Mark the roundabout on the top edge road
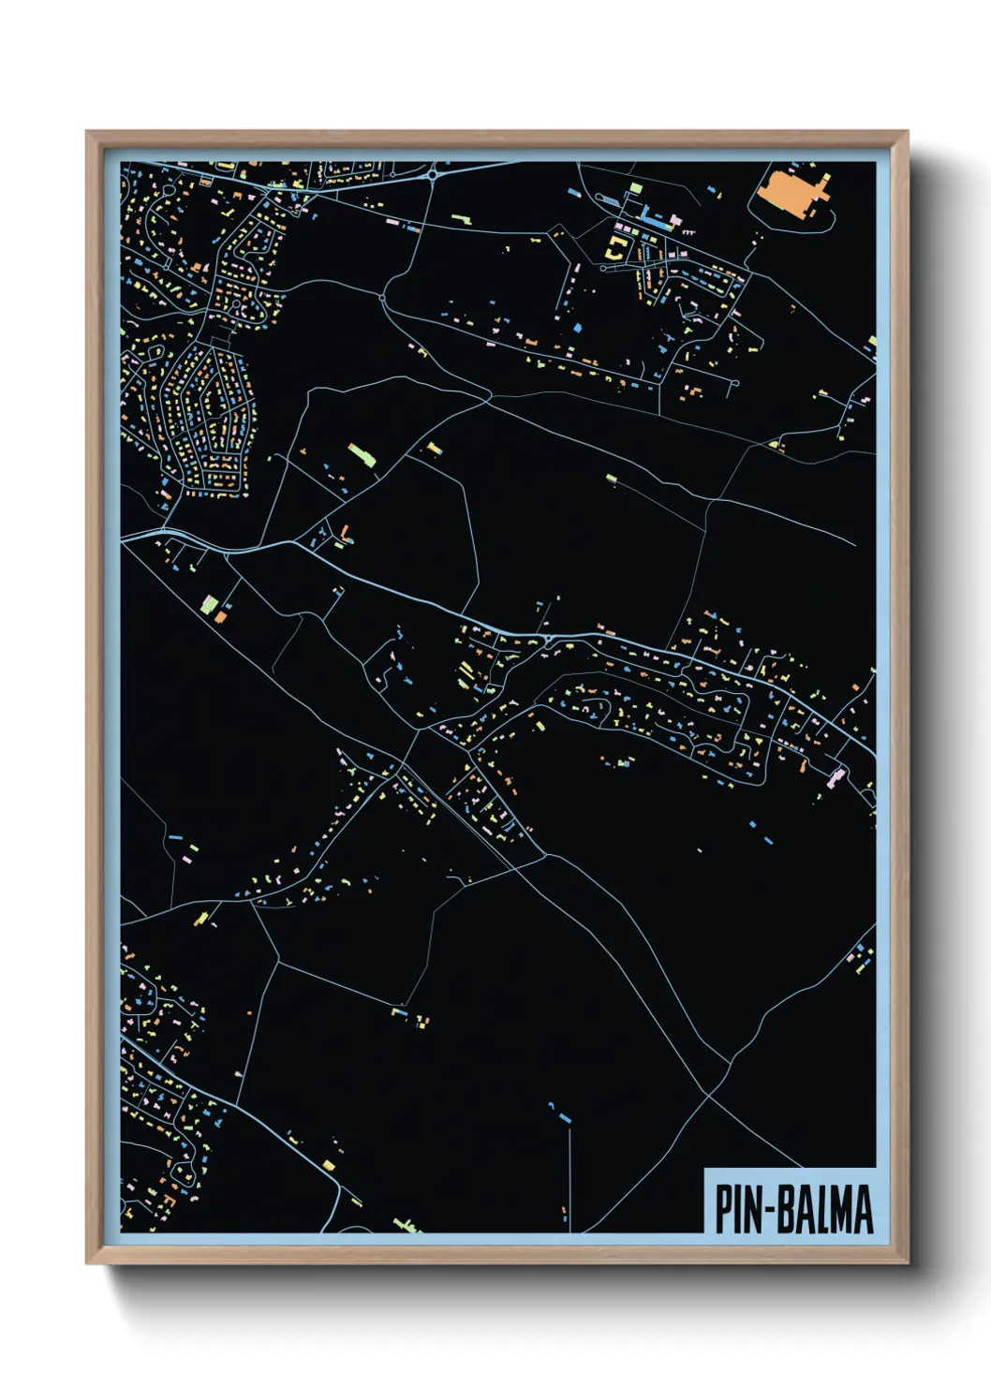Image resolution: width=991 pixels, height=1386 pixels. [x=433, y=174]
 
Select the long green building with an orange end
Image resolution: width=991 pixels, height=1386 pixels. [x=360, y=455]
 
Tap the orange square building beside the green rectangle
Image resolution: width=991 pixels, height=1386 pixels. [x=221, y=616]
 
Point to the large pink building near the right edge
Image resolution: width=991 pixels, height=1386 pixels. [x=837, y=775]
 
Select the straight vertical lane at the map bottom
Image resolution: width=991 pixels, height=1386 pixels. [x=569, y=1180]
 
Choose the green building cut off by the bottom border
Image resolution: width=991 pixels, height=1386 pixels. [x=406, y=1226]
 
